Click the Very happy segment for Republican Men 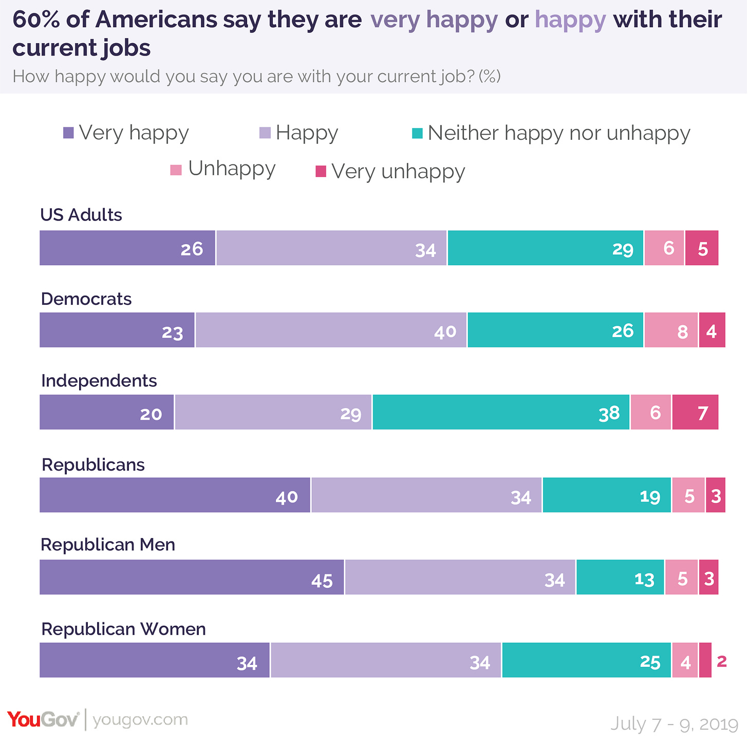click(x=192, y=577)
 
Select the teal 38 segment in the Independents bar click(x=501, y=412)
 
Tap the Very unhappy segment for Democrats click(x=712, y=330)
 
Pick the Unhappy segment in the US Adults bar click(x=664, y=248)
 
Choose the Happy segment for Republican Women click(x=386, y=660)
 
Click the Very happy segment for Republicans click(x=175, y=495)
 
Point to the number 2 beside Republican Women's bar click(x=722, y=661)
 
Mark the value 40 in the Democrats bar click(x=445, y=331)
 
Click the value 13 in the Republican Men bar click(x=644, y=580)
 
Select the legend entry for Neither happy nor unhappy click(x=551, y=133)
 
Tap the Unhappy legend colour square click(x=176, y=170)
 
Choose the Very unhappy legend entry click(x=390, y=171)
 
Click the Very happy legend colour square click(x=68, y=133)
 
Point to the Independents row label click(x=99, y=381)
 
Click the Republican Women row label click(x=123, y=629)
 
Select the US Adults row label click(x=81, y=215)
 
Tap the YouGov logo click(x=44, y=719)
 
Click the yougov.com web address click(x=140, y=720)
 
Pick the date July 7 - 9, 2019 click(x=674, y=723)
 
